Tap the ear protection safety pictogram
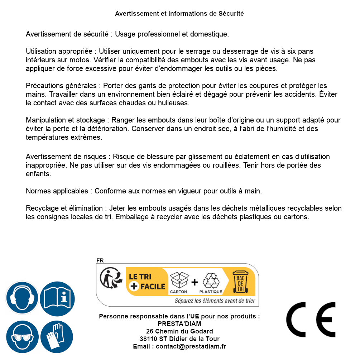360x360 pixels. click(22, 298)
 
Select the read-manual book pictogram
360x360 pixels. click(57, 298)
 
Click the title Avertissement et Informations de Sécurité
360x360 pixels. click(179, 14)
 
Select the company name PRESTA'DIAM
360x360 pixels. click(179, 324)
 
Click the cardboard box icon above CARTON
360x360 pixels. click(179, 280)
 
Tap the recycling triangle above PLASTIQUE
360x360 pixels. click(210, 281)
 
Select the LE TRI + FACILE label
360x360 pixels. click(147, 281)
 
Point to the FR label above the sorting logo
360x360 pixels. click(100, 260)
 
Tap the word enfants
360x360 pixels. click(38, 174)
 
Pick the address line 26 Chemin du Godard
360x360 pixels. click(179, 331)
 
